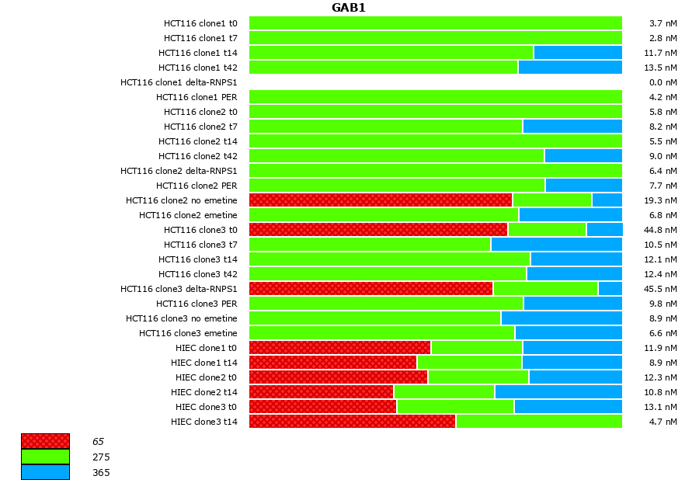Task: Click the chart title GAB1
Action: [x=349, y=8]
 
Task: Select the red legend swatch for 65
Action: [x=45, y=441]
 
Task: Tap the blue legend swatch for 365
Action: [x=45, y=472]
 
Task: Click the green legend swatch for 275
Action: [x=45, y=457]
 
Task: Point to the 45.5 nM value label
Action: [x=662, y=289]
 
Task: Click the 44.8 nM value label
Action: [x=662, y=230]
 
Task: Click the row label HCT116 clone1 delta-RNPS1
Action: [x=179, y=82]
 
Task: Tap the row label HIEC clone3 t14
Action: [x=204, y=422]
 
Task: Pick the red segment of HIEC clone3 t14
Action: [x=352, y=422]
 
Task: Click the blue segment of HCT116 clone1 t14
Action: [x=578, y=53]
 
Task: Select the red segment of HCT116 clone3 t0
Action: [x=378, y=230]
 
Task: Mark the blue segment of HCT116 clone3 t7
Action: [x=556, y=245]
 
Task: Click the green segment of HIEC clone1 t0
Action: [x=477, y=348]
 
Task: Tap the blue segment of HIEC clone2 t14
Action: [x=558, y=392]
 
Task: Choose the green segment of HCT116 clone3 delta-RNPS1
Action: [x=545, y=289]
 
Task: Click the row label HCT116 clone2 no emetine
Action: [x=182, y=200]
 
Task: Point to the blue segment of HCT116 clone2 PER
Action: [x=583, y=186]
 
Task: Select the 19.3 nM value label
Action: [x=662, y=200]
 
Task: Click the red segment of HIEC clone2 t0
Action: [x=338, y=377]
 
